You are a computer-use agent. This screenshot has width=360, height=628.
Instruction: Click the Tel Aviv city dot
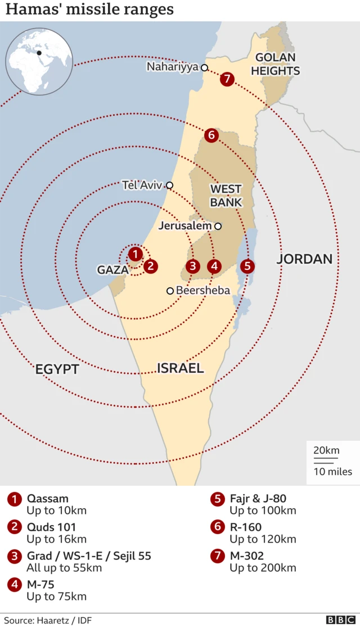click(169, 185)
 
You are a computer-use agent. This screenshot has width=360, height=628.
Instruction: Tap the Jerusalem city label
click(185, 226)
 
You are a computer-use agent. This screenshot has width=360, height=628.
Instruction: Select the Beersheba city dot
click(170, 291)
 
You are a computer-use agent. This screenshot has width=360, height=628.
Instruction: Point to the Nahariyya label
click(173, 67)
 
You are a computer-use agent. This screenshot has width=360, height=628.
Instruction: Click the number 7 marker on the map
click(227, 79)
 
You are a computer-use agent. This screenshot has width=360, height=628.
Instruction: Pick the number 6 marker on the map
click(211, 135)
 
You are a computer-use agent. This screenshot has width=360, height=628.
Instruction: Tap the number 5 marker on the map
click(247, 266)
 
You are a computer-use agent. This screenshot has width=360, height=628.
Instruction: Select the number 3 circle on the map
click(193, 266)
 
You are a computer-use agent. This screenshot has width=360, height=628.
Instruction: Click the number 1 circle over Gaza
click(135, 254)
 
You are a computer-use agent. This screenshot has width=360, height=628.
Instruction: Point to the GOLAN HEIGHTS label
click(275, 64)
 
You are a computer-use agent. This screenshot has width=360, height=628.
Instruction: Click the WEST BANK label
click(226, 195)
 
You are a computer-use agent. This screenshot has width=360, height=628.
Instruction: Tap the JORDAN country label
click(304, 259)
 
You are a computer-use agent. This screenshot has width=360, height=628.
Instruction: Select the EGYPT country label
click(57, 369)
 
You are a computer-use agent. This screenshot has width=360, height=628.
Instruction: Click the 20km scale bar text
click(326, 450)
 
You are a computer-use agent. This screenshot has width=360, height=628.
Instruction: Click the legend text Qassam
click(48, 498)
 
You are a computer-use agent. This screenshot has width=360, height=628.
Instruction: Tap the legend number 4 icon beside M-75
click(13, 584)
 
